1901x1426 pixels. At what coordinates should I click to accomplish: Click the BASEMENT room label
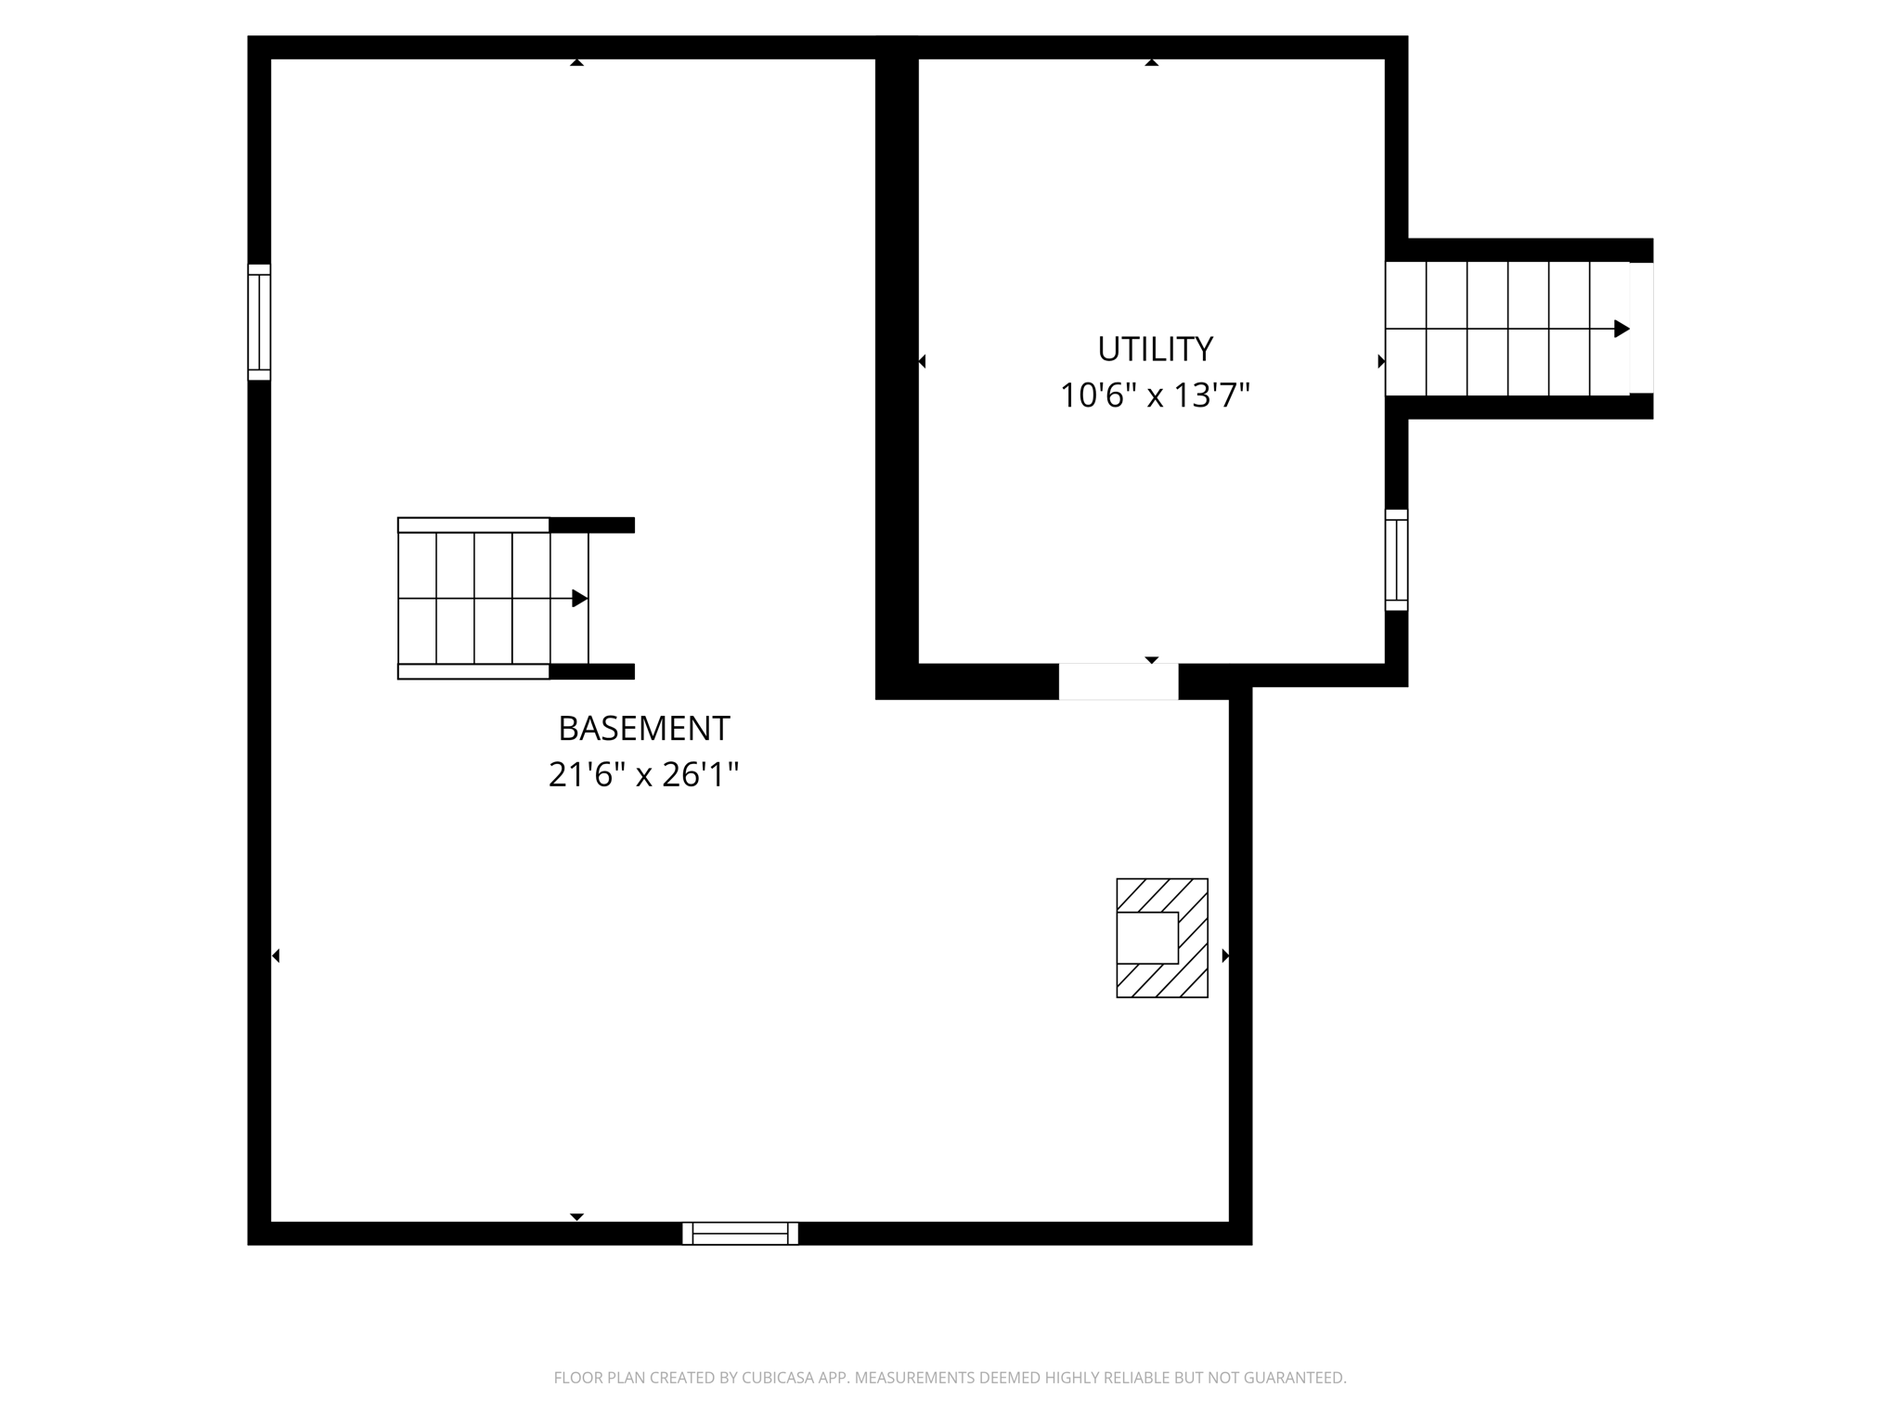click(x=643, y=729)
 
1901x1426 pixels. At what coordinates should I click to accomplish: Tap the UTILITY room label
click(x=1155, y=349)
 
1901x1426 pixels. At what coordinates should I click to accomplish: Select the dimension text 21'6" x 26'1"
click(x=643, y=774)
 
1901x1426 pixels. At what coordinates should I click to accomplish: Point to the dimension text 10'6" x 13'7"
click(x=1155, y=395)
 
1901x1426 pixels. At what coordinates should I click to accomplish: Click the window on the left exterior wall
click(x=259, y=322)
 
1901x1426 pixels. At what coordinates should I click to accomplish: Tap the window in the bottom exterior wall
click(x=740, y=1233)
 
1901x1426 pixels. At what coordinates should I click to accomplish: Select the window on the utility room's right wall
click(x=1396, y=560)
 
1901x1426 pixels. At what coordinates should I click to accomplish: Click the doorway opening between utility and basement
click(x=1119, y=681)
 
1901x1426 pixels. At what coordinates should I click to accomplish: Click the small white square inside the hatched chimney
click(x=1147, y=938)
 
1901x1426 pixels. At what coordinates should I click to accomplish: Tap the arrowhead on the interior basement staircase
click(x=580, y=599)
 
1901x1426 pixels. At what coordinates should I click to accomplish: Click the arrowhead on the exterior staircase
click(x=1622, y=329)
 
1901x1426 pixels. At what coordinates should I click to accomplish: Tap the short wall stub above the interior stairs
click(x=592, y=525)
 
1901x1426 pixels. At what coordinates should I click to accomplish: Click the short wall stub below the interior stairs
click(x=592, y=671)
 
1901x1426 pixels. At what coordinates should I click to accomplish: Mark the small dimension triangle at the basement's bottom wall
click(x=576, y=1216)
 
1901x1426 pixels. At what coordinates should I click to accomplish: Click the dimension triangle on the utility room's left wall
click(x=922, y=361)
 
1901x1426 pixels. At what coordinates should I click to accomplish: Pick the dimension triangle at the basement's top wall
click(x=576, y=63)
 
